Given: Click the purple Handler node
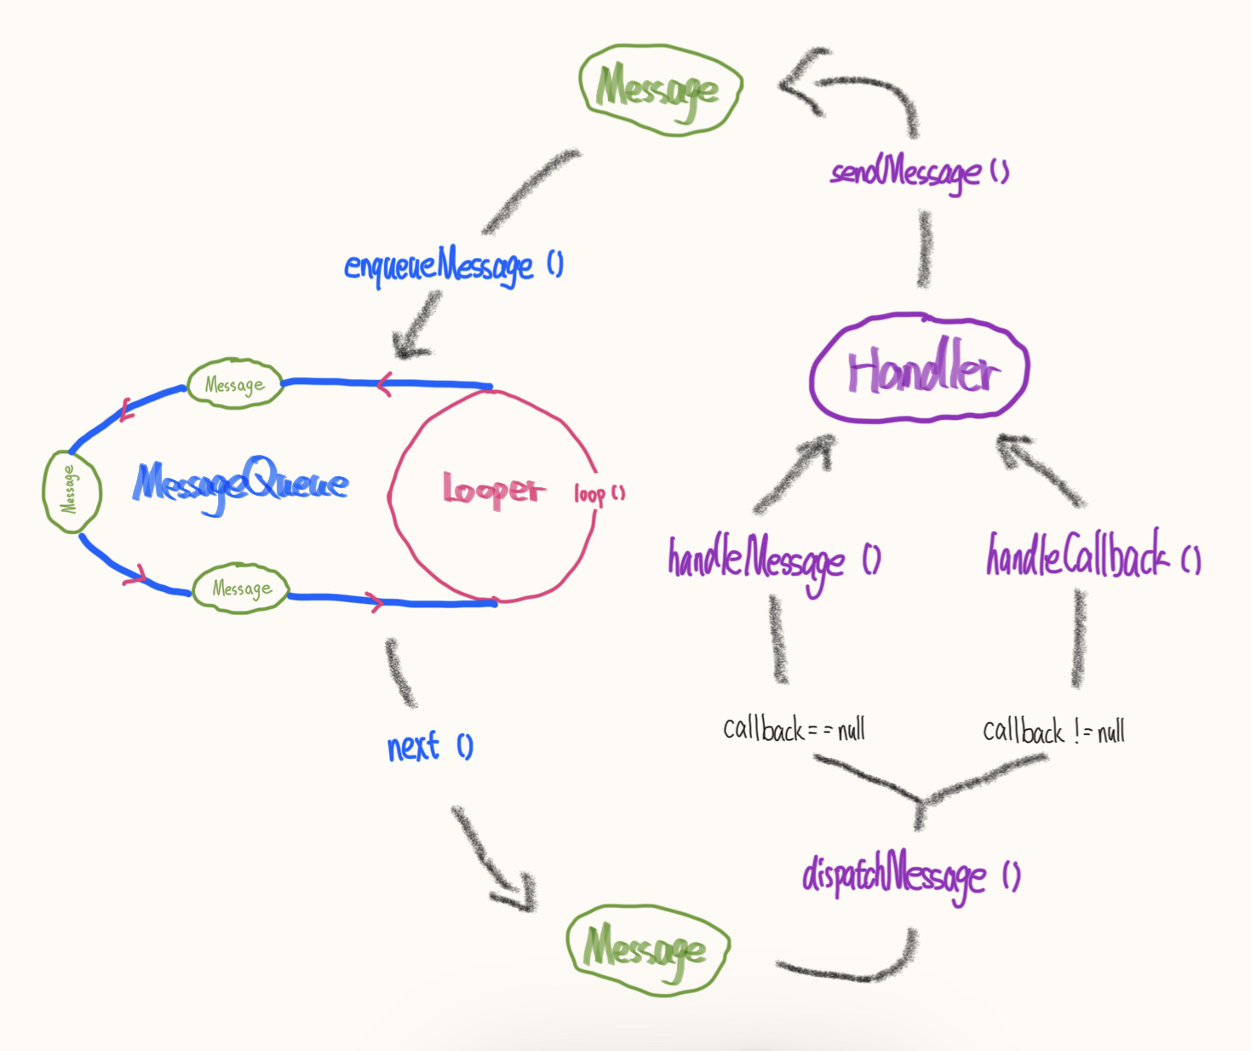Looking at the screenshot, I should (x=920, y=369).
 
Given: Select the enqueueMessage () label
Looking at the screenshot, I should (x=452, y=266).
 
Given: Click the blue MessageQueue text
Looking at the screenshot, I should (x=241, y=485).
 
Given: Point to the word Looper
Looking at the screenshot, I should (x=491, y=490).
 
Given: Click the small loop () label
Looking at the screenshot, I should (x=599, y=494).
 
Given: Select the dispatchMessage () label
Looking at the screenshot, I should (x=910, y=876).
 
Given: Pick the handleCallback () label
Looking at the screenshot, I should (x=1093, y=556).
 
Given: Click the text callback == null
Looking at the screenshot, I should (x=794, y=730).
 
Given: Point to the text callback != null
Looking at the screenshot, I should (x=1053, y=732).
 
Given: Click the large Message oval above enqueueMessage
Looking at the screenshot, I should (x=661, y=89).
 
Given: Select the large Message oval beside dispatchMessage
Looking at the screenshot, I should (x=648, y=949).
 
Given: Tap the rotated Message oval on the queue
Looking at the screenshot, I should (x=72, y=491).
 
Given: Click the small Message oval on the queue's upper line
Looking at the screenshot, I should (x=234, y=384).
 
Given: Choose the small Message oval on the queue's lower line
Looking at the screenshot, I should (x=241, y=588).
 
